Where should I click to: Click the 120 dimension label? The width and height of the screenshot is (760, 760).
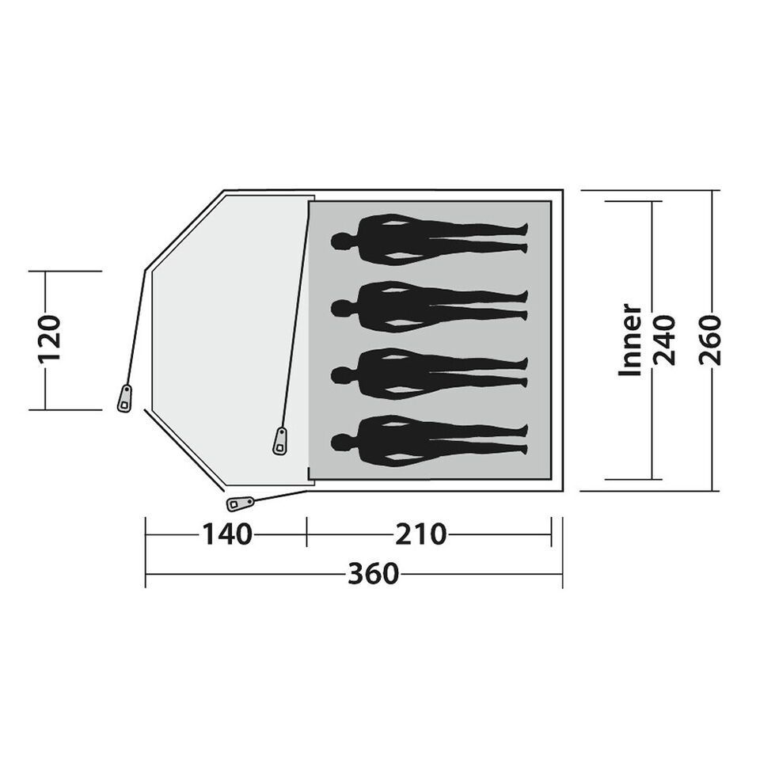[50, 339]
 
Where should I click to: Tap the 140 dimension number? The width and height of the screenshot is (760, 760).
[227, 534]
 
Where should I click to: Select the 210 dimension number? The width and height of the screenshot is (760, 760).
[420, 534]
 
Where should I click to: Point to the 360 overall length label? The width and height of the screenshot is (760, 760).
[373, 574]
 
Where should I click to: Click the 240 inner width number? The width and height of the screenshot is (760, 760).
[664, 340]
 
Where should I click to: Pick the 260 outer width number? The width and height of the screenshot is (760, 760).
[711, 340]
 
